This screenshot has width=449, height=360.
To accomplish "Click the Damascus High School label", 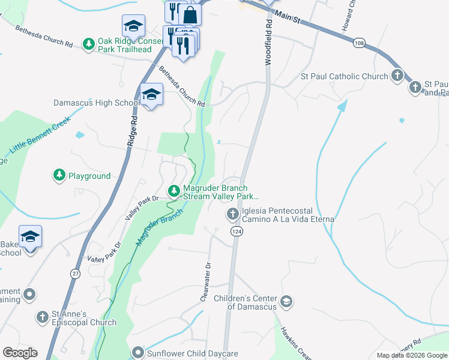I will (96, 103).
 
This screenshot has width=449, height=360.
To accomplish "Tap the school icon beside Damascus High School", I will (151, 95).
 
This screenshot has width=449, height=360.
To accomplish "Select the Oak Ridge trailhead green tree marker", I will (89, 44).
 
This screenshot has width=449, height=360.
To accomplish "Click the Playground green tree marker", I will (59, 175).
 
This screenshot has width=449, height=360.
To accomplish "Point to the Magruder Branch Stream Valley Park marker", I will (173, 191).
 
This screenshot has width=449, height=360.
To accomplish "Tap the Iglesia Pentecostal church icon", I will (232, 214).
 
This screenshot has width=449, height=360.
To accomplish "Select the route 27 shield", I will (75, 274).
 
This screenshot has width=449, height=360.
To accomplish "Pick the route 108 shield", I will (359, 43).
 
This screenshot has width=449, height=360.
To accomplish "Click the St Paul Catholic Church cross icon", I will (397, 76).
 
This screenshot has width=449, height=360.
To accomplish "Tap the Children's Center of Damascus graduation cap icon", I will (286, 302).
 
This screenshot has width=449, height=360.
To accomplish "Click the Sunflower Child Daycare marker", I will (139, 353).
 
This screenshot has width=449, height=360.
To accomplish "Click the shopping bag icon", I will (190, 14).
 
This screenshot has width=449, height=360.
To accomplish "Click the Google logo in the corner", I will (20, 353).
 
